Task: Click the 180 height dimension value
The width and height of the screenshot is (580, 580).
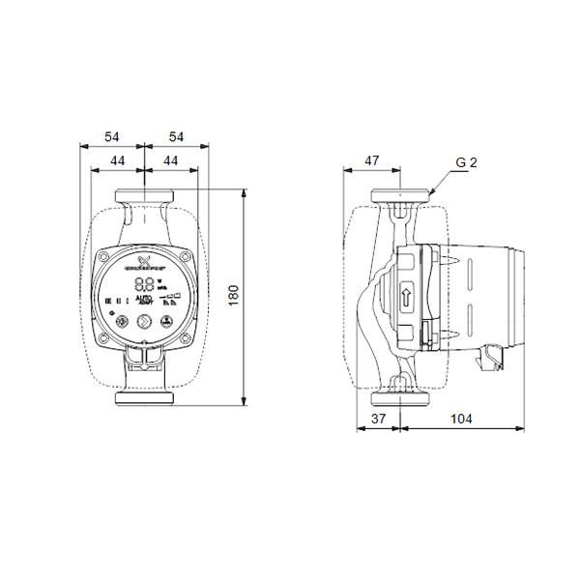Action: pos(233,296)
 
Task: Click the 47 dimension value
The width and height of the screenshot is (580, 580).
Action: pos(371,160)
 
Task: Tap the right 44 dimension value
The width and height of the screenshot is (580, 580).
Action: pos(169,159)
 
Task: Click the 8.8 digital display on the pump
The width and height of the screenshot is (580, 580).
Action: pos(144,285)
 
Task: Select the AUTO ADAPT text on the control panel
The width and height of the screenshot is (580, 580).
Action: pos(143,302)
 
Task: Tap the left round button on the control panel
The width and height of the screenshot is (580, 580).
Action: pos(122,322)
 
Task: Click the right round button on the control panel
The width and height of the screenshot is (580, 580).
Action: pos(145,322)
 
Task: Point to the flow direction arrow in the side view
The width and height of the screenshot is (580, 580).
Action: pos(407,294)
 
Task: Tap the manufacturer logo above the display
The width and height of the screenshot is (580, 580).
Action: pos(144,262)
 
